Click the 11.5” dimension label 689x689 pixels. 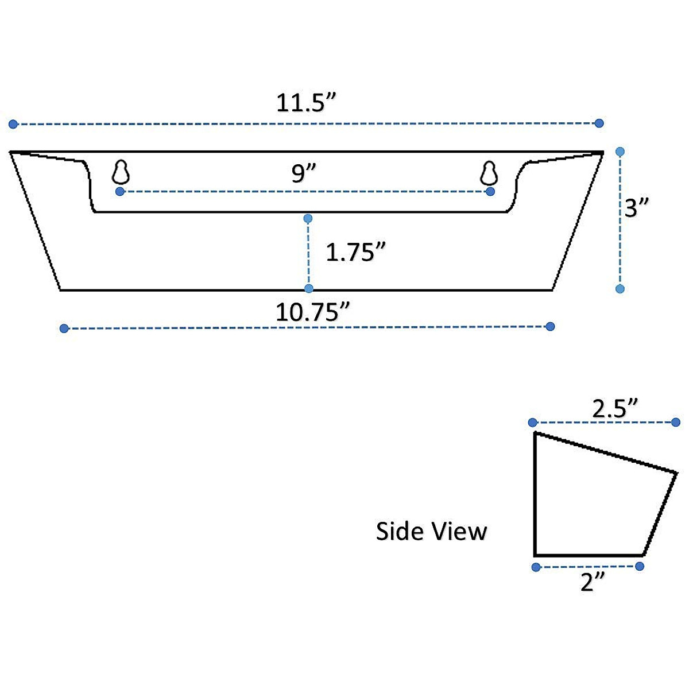pos(305,103)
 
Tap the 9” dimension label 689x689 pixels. pos(304,173)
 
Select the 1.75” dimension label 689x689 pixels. pos(355,252)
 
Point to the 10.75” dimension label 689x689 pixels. pos(313,313)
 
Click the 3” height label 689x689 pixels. pos(637,208)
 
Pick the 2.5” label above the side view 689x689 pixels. pos(616,409)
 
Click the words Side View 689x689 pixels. pos(431,531)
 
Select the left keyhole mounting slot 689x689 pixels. pos(121,172)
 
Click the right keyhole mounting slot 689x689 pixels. pos(489,172)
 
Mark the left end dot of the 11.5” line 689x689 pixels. pos(13,124)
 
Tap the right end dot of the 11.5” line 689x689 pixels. pos(599,123)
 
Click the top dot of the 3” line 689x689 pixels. pos(620,152)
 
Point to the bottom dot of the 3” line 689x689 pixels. pos(620,289)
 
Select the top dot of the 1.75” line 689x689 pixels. pos(308,218)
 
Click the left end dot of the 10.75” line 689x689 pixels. pos(64,328)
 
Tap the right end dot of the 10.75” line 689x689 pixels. pos(550,327)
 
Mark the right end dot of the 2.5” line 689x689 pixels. pos(676,423)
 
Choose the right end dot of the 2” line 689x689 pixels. pos(640,567)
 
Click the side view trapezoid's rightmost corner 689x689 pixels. pos(677,473)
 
